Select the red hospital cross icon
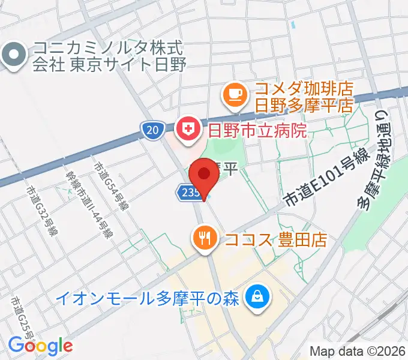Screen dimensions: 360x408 coord(187,129)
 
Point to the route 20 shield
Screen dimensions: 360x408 coord(154,129)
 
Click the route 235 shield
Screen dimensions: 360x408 coord(187,192)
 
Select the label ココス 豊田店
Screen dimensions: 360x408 coord(276,239)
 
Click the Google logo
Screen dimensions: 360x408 coord(40,346)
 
